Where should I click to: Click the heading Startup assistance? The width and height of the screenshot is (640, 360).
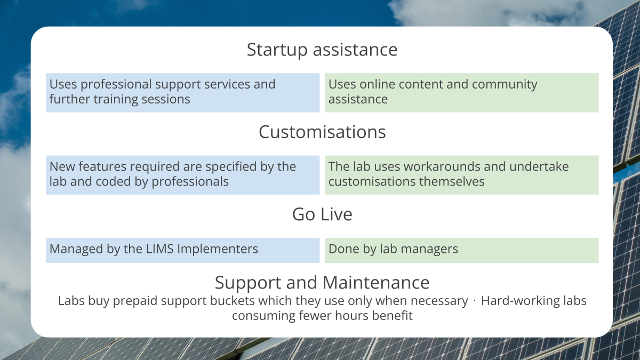click(x=322, y=50)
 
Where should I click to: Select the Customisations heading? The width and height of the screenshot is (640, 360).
click(x=322, y=132)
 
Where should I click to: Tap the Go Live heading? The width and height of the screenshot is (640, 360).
click(x=322, y=214)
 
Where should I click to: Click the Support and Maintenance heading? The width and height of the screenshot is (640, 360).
click(x=322, y=282)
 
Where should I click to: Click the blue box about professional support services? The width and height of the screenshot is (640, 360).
click(x=182, y=92)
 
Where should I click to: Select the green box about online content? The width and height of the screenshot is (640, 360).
click(x=461, y=92)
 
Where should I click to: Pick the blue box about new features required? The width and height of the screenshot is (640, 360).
click(x=182, y=174)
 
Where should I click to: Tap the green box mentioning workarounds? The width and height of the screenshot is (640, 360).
click(x=461, y=174)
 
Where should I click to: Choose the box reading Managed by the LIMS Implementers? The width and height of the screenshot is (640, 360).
click(x=182, y=250)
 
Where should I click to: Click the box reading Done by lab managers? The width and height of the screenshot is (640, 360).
click(x=461, y=250)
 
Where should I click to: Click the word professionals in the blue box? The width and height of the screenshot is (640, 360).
click(x=190, y=182)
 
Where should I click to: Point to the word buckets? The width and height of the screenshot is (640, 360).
click(x=248, y=301)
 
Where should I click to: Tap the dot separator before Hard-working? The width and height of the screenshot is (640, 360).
click(x=474, y=301)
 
